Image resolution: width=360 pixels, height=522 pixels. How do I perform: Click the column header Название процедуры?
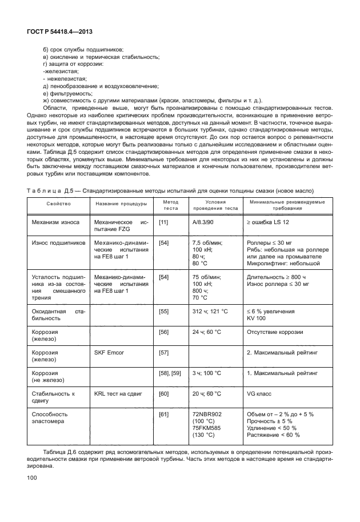(x=121, y=203)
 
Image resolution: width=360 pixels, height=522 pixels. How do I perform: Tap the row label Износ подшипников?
(x=58, y=242)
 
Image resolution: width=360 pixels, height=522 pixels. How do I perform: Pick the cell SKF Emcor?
(x=110, y=353)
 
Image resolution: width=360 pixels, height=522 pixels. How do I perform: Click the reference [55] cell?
(x=163, y=312)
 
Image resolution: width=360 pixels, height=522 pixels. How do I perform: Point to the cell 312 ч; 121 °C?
(x=210, y=312)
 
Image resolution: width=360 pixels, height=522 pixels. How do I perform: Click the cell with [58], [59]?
(x=169, y=373)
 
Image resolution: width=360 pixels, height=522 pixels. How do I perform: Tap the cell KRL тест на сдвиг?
(x=119, y=394)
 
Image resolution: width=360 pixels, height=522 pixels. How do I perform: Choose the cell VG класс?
(x=259, y=394)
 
